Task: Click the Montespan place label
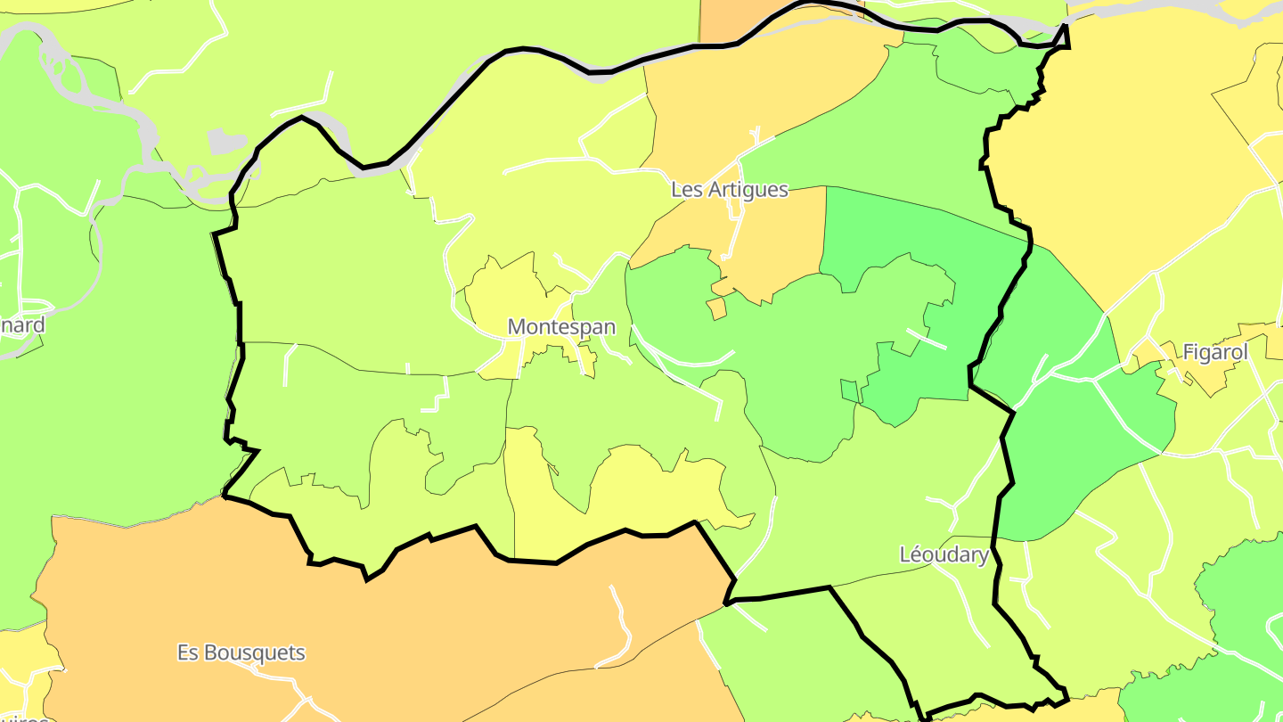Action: tap(561, 327)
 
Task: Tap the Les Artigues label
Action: tap(729, 190)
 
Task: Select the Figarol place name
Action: tap(1214, 352)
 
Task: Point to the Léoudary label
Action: tap(944, 555)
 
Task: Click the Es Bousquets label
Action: tap(241, 653)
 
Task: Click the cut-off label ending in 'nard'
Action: tap(21, 325)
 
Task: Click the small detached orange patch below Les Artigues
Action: tap(716, 308)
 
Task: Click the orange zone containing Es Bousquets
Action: tap(356, 615)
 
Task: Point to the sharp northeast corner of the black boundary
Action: tap(1066, 27)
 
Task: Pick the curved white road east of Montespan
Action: tap(686, 361)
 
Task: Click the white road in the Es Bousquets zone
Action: tap(622, 624)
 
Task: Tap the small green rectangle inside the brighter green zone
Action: tap(849, 390)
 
